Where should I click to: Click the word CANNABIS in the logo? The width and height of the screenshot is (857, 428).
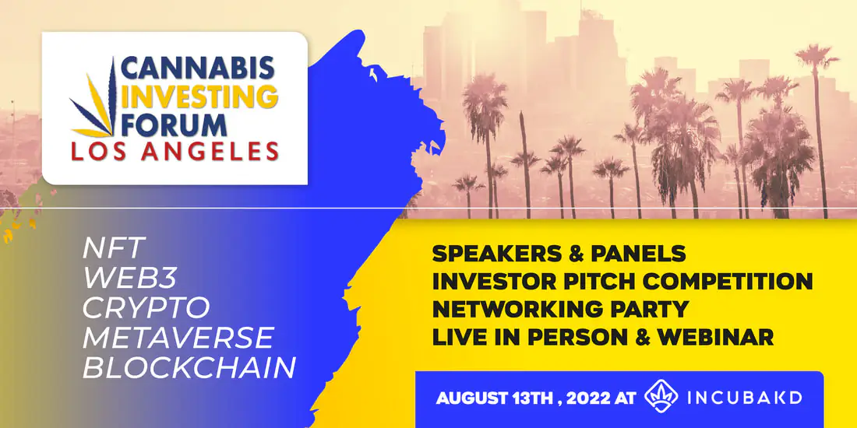coord(197,69)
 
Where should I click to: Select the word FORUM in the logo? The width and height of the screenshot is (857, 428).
coord(174,125)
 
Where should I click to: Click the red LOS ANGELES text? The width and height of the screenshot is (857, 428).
coord(175,152)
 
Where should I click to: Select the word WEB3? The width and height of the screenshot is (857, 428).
coord(130,279)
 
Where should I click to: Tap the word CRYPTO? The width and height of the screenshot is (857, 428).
coord(146,307)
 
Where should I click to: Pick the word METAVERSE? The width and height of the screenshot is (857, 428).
coord(178,338)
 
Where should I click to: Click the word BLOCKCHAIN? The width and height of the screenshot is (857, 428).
coord(189,367)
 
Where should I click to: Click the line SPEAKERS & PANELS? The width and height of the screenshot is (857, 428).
coord(559,253)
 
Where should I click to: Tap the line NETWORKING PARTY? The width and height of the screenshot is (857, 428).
coord(559,308)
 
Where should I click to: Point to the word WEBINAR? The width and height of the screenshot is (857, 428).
coord(716,337)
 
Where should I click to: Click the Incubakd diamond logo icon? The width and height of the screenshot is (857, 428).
coord(661,397)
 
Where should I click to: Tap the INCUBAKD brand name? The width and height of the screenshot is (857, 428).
coord(744,398)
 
